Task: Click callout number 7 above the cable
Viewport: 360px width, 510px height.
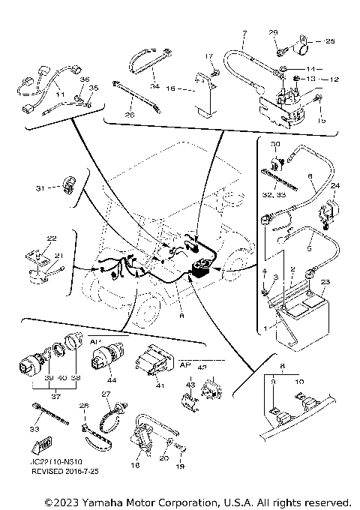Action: [245, 34]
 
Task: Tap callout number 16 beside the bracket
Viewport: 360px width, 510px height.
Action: [172, 88]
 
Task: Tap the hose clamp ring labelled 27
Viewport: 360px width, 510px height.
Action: [112, 410]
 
